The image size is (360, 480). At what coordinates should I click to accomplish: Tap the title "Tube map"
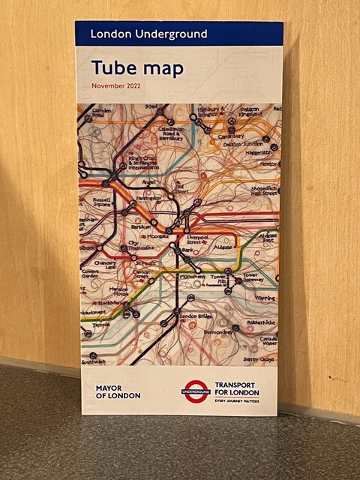(x=137, y=67)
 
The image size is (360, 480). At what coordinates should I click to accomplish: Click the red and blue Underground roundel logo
(x=196, y=391)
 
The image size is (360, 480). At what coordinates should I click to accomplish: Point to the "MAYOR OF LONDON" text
(x=118, y=391)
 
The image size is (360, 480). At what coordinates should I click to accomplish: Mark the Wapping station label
(x=264, y=297)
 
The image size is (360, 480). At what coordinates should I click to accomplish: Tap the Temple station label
(x=100, y=325)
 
